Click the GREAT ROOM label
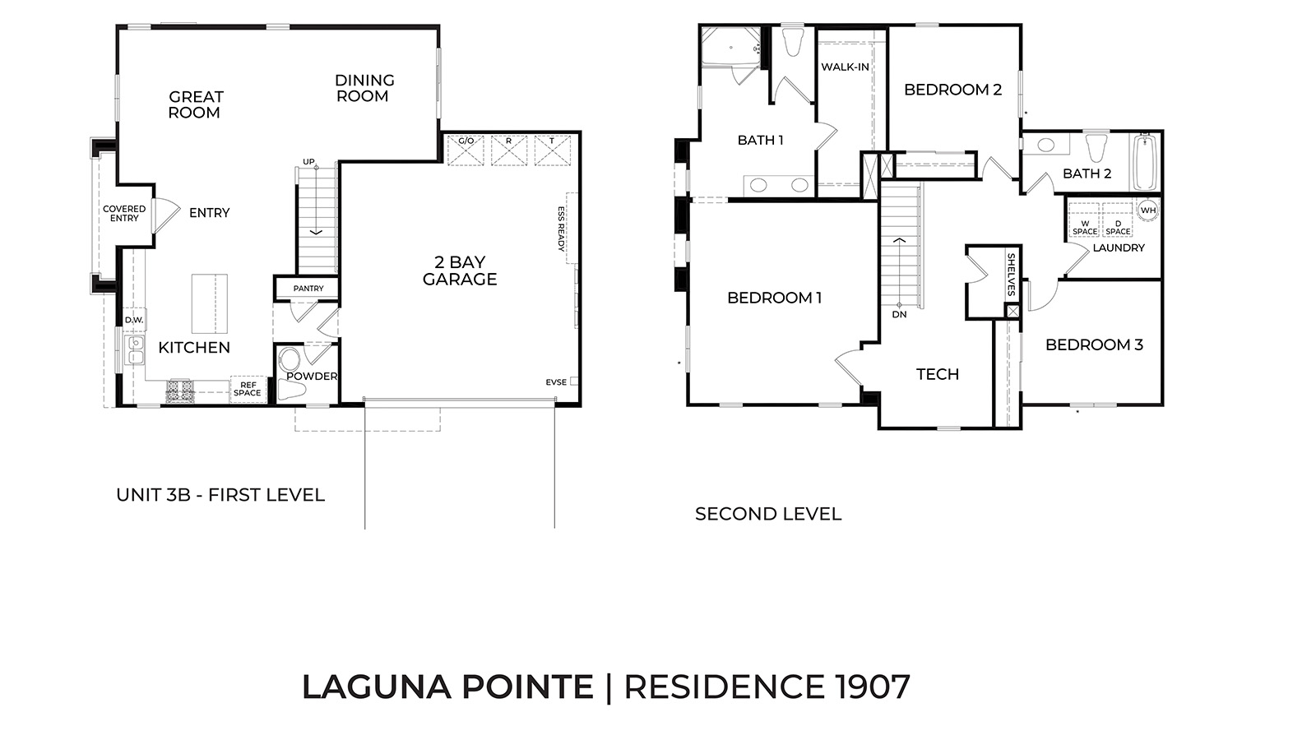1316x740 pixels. coord(195,104)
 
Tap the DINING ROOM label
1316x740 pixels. coord(364,88)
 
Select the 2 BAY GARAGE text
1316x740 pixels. coord(460,271)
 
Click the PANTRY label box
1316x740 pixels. coord(308,289)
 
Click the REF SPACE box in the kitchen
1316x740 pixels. coord(247,389)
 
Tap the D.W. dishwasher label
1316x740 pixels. coord(133,320)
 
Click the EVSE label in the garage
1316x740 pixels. coord(557,382)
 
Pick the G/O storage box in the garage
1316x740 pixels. coord(466,150)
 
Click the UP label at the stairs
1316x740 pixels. coord(308,162)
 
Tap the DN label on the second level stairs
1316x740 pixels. coord(899,314)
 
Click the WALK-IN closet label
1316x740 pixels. coord(845,67)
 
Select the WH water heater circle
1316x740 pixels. coord(1147,210)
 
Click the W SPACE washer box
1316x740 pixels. coord(1084,226)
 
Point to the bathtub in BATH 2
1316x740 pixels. coord(1145,163)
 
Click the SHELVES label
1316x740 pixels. coord(1011,275)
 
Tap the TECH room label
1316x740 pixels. coord(938,374)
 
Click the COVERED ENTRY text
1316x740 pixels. coord(124,214)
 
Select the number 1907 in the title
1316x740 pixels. coord(869,687)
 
